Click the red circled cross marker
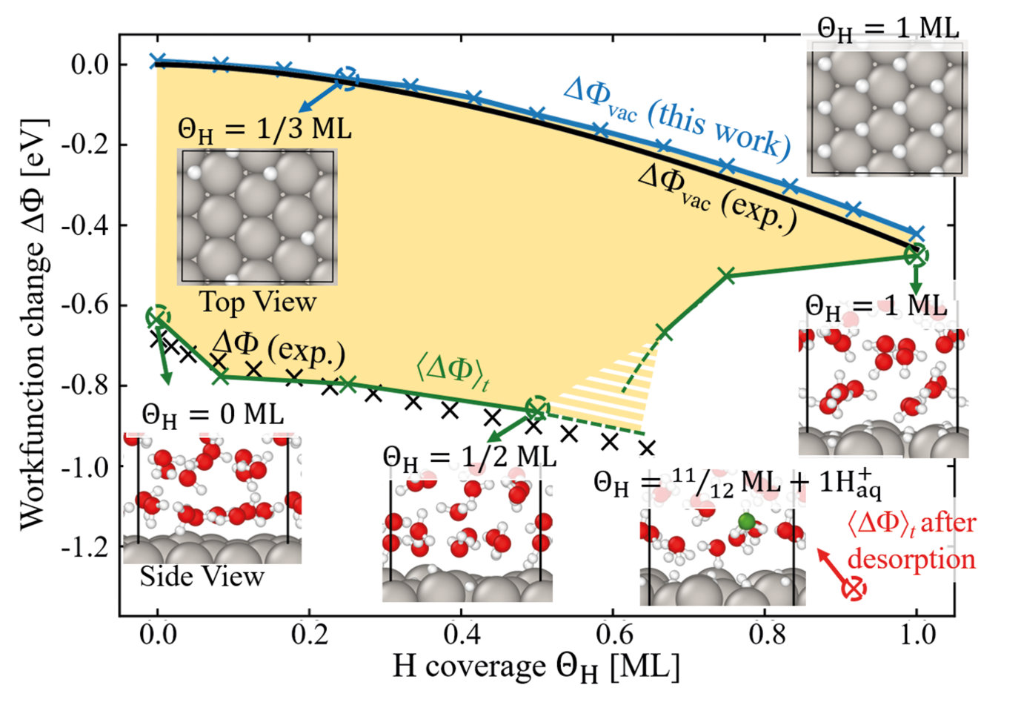tap(854, 590)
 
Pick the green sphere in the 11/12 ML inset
tap(747, 523)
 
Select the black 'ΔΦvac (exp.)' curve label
tap(718, 198)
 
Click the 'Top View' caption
tap(257, 302)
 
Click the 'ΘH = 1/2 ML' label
tap(469, 456)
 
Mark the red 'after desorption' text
tap(911, 541)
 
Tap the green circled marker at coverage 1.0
tap(917, 255)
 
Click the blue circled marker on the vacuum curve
tap(347, 77)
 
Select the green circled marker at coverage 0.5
tap(536, 408)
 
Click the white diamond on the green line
tap(712, 328)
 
